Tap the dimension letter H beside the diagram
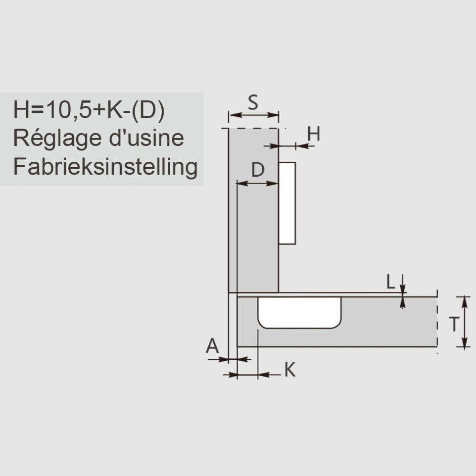[314, 134]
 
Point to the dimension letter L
[391, 282]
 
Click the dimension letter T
[454, 324]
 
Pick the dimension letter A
[212, 345]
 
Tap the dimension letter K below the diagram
[290, 370]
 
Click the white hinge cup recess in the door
[299, 312]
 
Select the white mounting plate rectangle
[287, 203]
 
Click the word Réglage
[57, 138]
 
